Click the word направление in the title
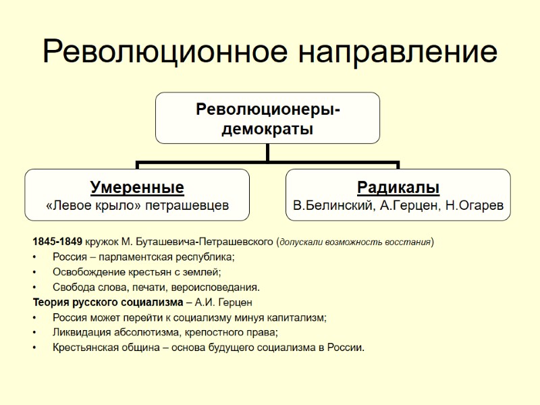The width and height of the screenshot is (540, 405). [392, 53]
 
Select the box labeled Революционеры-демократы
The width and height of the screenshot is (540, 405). [267, 118]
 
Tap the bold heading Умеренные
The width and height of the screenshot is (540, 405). [137, 187]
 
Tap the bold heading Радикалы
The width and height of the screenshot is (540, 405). [398, 187]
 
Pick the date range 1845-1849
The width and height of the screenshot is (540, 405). [58, 241]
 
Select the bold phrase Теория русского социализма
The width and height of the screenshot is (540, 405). [107, 302]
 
